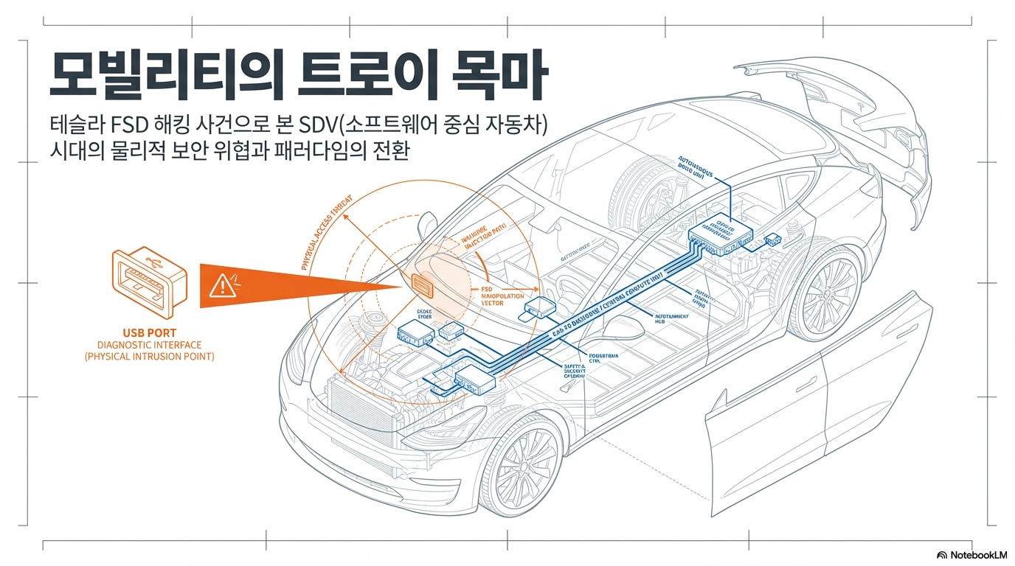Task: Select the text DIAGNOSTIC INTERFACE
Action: tap(148, 345)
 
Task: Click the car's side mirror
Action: tap(426, 223)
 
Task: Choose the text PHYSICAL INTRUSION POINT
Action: tap(148, 357)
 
